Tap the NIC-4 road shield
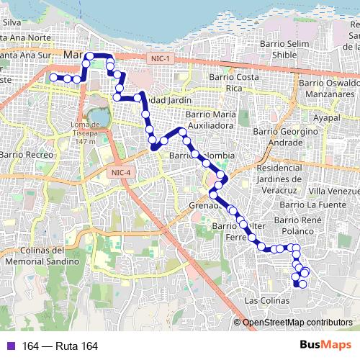(122, 172)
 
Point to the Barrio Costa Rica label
(233, 82)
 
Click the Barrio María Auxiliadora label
(217, 120)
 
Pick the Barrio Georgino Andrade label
(285, 137)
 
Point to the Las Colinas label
(266, 300)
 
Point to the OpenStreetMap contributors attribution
(297, 323)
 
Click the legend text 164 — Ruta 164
(60, 346)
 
